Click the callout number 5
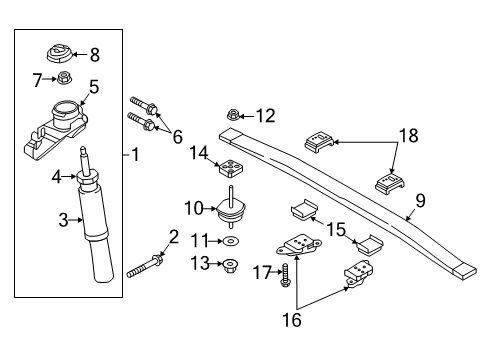point(93,87)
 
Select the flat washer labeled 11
point(231,243)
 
